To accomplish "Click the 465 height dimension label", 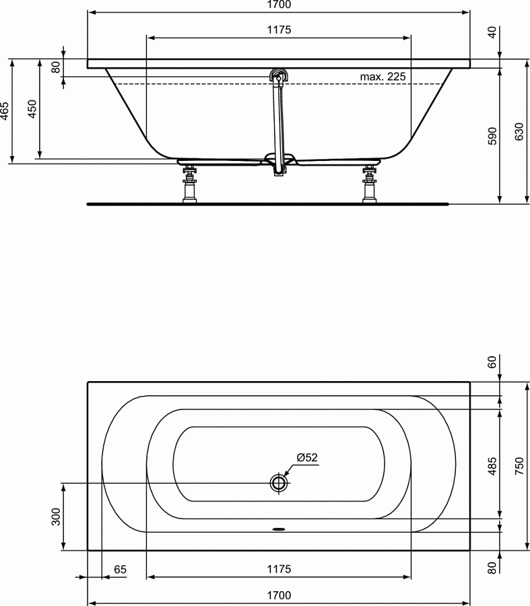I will [x=5, y=110].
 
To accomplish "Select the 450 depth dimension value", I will [x=32, y=109].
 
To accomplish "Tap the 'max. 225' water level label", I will [x=383, y=77].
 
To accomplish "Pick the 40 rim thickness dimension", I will [x=492, y=32].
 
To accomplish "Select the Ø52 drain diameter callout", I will [x=307, y=457].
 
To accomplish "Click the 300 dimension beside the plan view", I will [x=56, y=516].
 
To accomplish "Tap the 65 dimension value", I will [x=120, y=570].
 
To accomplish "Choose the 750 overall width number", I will [x=519, y=466].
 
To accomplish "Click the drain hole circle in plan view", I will [x=279, y=482].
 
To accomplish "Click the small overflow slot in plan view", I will [x=279, y=529].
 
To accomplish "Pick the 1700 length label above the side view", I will [x=279, y=5].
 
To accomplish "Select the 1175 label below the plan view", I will [x=279, y=570].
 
